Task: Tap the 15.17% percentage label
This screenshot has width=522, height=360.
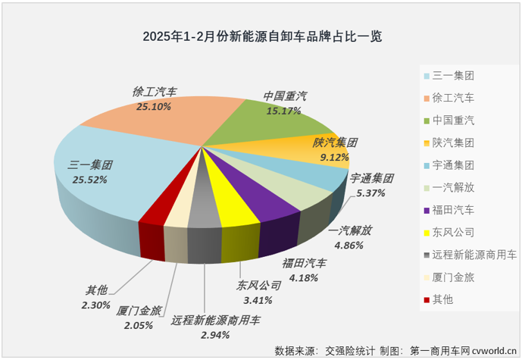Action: [x=283, y=111]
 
